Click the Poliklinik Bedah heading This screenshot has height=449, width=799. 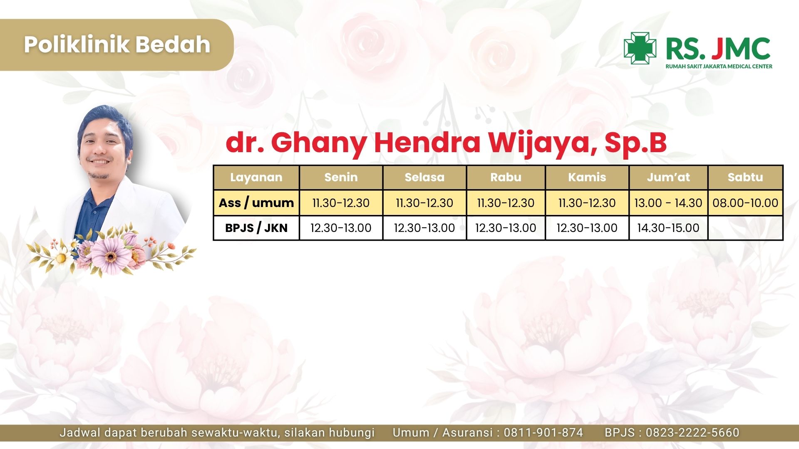click(x=117, y=44)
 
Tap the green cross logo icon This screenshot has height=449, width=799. click(x=640, y=48)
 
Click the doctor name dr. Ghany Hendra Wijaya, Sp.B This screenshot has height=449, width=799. click(x=446, y=143)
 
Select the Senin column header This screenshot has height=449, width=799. click(x=341, y=178)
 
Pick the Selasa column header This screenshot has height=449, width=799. click(x=424, y=178)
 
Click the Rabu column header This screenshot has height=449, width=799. click(x=506, y=178)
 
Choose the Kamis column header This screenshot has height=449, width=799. click(x=587, y=178)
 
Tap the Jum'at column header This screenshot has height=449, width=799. click(x=668, y=178)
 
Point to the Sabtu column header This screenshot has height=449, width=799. click(x=745, y=178)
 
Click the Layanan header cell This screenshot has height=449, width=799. click(x=256, y=178)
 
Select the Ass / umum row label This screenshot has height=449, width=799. click(x=256, y=203)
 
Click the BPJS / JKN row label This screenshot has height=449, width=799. click(x=256, y=228)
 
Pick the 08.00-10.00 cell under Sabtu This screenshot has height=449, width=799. click(x=745, y=203)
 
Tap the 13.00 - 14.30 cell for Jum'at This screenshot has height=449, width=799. click(x=668, y=203)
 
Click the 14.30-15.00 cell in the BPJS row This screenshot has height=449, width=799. click(x=668, y=228)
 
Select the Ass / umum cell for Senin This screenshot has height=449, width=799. click(x=341, y=203)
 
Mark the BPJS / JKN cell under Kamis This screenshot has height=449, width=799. click(x=587, y=228)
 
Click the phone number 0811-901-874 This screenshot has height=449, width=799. click(x=543, y=433)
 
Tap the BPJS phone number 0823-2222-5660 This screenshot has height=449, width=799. click(x=692, y=433)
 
